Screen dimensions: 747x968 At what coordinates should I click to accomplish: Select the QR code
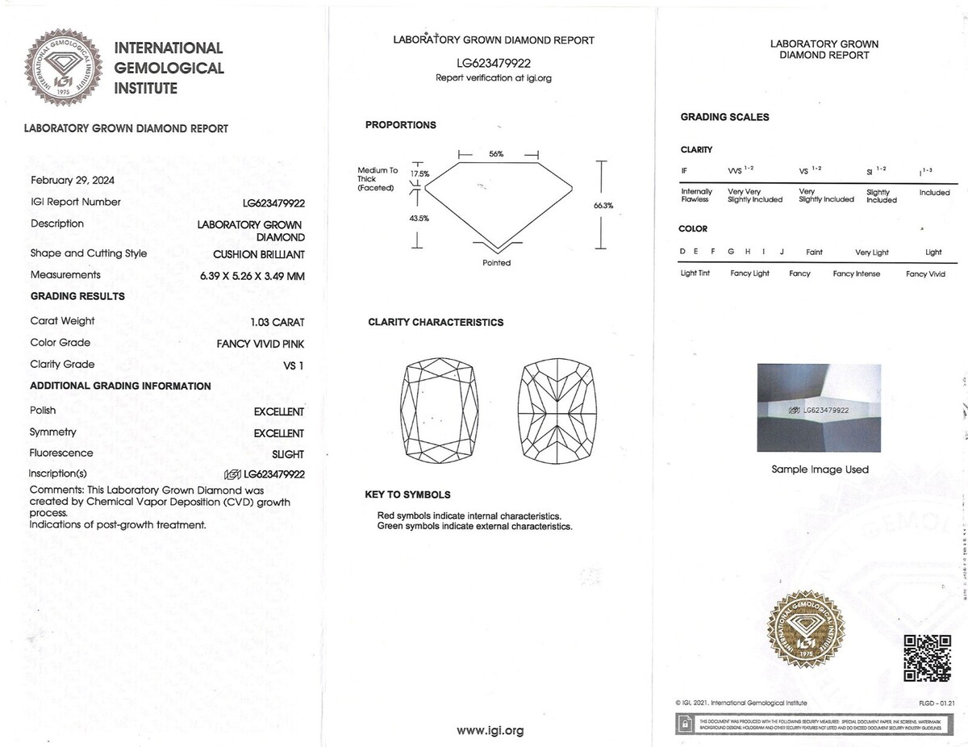(927, 658)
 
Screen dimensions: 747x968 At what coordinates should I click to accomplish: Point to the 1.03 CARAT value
(277, 322)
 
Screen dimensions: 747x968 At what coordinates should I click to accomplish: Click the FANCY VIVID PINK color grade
(260, 344)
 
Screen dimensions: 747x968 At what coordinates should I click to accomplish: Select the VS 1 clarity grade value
(294, 365)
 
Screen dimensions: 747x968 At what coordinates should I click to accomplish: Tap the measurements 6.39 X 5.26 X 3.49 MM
(252, 276)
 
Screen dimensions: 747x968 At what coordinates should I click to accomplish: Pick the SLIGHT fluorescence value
(288, 454)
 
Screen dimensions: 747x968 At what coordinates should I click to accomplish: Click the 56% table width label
(496, 154)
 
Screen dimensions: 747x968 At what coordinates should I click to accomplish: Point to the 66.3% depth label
(603, 206)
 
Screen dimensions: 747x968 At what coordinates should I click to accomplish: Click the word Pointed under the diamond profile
(496, 263)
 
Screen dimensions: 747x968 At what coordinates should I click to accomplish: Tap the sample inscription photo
(819, 408)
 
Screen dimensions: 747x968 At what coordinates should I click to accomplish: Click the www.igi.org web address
(490, 731)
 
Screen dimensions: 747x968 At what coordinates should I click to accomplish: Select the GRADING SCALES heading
(724, 117)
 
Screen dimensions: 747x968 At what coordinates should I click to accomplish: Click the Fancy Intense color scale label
(856, 273)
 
